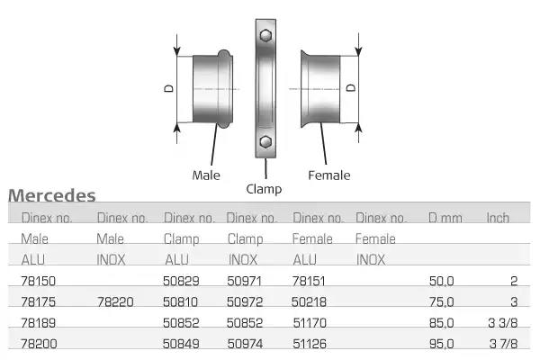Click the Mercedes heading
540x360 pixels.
52,195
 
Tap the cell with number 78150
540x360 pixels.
38,281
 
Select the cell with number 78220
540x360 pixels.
115,302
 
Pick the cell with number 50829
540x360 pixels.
181,281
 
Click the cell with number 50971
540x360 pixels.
245,281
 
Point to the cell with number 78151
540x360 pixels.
309,281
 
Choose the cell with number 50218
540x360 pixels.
309,302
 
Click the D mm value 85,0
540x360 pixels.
442,323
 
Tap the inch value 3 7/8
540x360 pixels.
503,344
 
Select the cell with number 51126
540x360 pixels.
310,344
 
